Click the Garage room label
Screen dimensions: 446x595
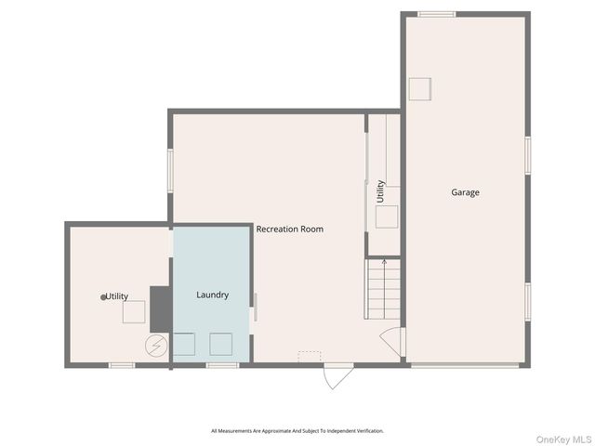pos(466,192)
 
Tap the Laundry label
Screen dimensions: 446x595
pos(212,295)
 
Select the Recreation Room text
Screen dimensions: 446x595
pos(290,229)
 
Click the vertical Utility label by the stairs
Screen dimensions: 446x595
pos(380,191)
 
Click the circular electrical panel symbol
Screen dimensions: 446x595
pos(155,346)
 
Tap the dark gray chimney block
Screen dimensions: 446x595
pos(161,308)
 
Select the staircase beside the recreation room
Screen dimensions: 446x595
pos(383,288)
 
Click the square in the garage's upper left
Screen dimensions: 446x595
pos(420,89)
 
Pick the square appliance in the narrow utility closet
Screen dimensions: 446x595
pos(388,216)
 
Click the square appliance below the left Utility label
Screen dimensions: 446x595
pos(134,312)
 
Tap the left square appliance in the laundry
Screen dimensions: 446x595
pos(184,344)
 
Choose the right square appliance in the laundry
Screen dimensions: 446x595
pos(220,344)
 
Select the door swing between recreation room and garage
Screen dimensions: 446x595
pos(393,341)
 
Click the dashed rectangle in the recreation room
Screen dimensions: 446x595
pos(310,356)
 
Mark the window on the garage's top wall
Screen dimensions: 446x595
pos(436,14)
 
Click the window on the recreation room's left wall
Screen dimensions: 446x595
pos(170,171)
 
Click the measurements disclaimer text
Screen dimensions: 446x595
pos(297,431)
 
